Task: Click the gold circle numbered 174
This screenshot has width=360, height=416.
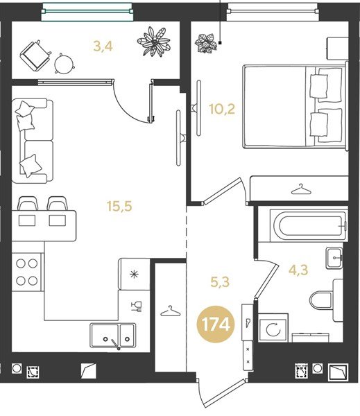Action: click(215, 324)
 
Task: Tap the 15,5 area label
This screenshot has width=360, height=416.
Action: click(119, 206)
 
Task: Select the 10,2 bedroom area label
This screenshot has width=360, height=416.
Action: click(222, 109)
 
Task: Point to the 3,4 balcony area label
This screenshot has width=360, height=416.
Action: click(103, 46)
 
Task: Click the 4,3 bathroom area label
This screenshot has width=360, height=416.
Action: click(298, 270)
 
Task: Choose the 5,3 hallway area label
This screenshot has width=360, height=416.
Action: click(220, 281)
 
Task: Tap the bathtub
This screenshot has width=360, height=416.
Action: click(309, 226)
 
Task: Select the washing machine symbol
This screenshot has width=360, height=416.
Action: click(273, 328)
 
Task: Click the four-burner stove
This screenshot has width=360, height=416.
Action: click(27, 272)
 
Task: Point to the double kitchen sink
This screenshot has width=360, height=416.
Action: click(113, 336)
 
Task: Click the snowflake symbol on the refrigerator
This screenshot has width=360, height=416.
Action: click(135, 275)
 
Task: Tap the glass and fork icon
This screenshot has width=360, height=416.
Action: click(137, 306)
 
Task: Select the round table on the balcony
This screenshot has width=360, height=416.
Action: click(65, 63)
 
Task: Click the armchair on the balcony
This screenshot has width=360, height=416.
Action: click(35, 55)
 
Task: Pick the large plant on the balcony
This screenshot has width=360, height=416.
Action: click(153, 42)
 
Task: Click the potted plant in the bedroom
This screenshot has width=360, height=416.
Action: click(205, 43)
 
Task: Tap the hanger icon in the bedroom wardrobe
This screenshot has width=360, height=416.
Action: click(301, 189)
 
